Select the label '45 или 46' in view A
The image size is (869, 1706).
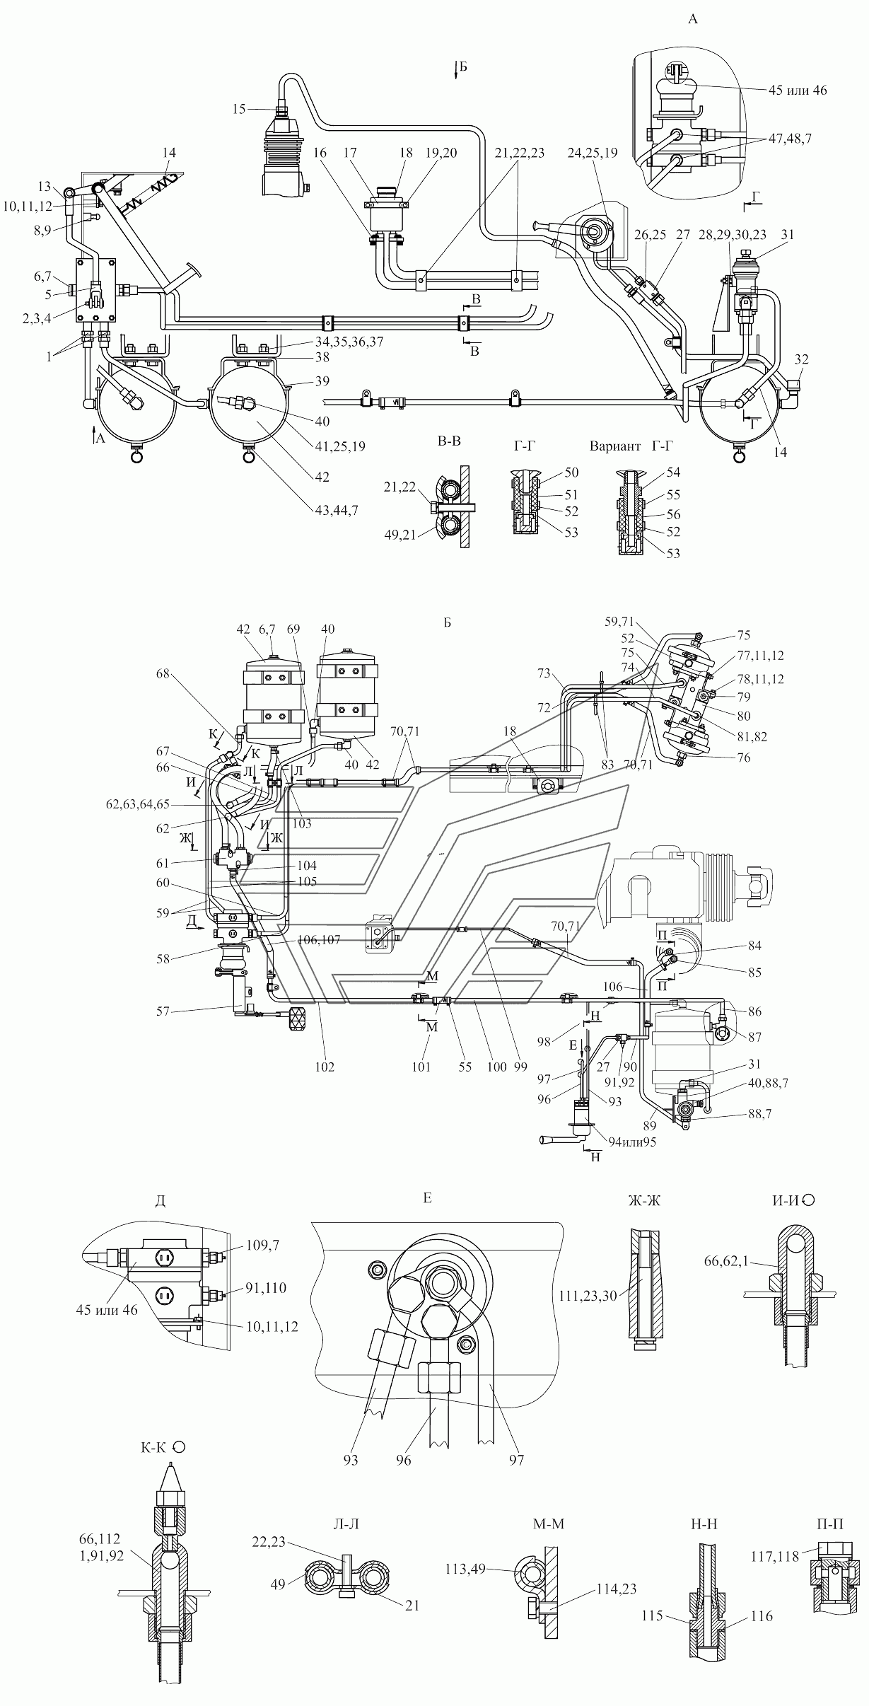797,90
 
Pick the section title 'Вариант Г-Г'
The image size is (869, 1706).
630,446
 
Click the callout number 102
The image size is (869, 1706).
325,1067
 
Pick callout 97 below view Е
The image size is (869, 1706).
516,1459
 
